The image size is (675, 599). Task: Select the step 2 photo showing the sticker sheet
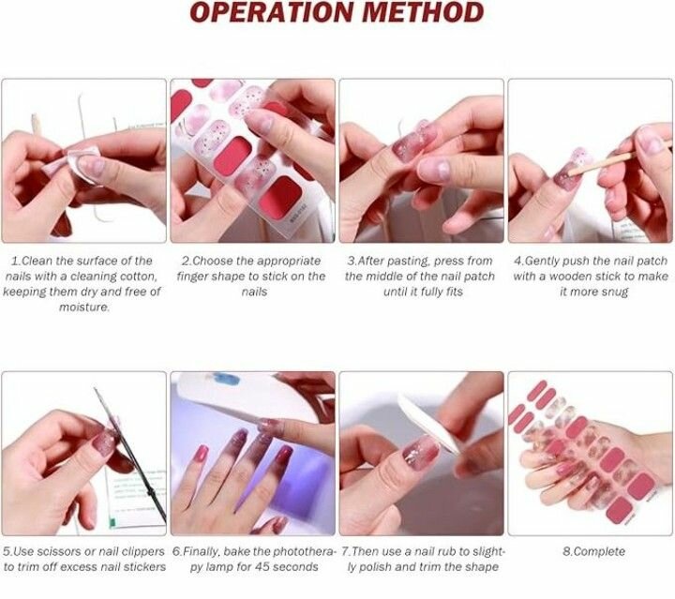252,160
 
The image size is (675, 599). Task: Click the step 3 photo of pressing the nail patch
421,160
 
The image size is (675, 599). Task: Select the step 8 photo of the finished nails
590,454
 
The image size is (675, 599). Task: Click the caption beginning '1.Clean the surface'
82,283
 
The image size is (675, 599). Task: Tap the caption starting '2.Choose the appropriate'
251,276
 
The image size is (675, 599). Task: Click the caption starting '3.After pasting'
422,276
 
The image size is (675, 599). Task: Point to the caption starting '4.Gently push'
592,276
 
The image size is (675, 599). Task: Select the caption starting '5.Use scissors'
83,559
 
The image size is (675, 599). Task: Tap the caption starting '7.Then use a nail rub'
423,559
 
